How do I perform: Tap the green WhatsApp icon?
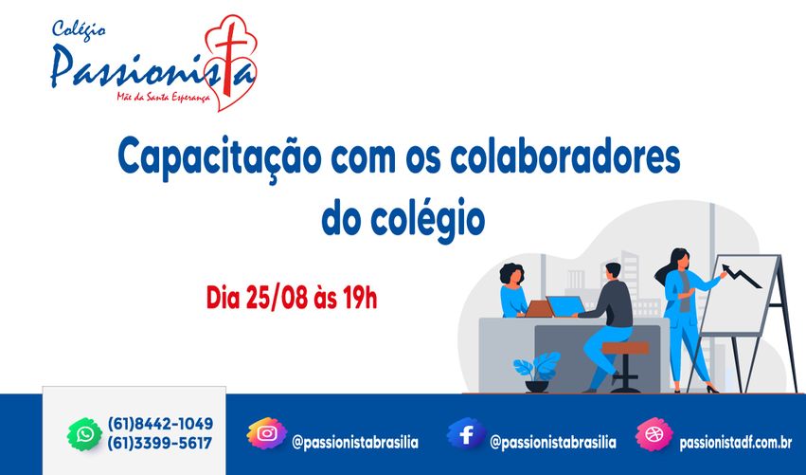click(x=84, y=434)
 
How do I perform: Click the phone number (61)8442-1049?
click(x=160, y=424)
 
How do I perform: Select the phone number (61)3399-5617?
click(x=160, y=443)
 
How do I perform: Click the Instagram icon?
click(x=267, y=434)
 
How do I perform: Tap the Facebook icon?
click(x=466, y=434)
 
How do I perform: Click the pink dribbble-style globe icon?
click(x=653, y=434)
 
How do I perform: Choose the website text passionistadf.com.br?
click(x=736, y=443)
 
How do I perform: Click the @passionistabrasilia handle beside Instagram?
click(x=355, y=443)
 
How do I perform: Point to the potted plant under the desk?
click(x=536, y=371)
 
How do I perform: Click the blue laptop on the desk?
click(x=565, y=306)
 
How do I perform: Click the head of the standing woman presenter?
click(x=678, y=258)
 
